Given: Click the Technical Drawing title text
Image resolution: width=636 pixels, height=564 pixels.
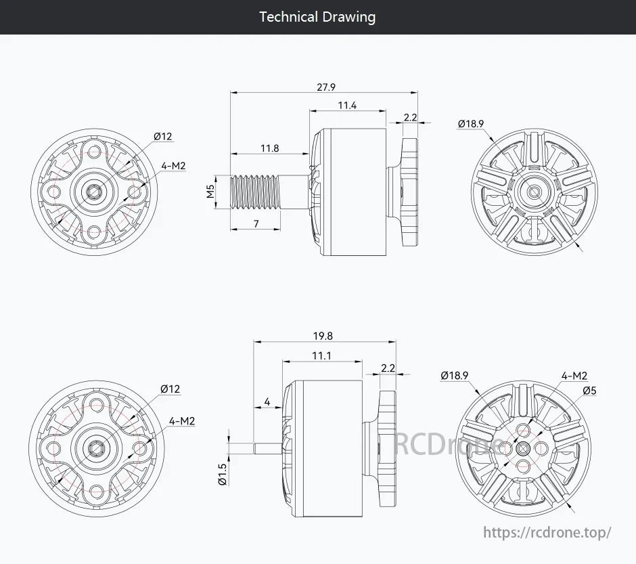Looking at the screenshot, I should (x=317, y=17).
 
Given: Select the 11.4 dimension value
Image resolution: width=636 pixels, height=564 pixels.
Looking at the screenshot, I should (x=347, y=105).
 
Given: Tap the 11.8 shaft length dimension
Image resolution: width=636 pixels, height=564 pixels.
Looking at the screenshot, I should (x=269, y=148).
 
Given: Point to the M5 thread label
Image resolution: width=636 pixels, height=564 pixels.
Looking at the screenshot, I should (x=210, y=192).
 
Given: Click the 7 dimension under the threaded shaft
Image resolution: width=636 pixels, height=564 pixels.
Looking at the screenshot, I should (x=256, y=223).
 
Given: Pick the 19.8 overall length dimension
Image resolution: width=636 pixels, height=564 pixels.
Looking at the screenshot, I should (x=323, y=336).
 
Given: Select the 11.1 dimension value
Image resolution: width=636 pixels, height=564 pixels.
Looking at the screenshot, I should (x=321, y=355).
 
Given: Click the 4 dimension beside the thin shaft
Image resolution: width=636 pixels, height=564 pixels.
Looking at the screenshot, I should (x=267, y=402).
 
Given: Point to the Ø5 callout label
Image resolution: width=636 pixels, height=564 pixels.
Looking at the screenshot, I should (x=589, y=390).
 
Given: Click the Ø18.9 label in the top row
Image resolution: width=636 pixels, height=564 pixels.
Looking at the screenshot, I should (x=471, y=123).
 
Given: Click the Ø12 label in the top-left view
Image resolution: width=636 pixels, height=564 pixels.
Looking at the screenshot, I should (x=163, y=136).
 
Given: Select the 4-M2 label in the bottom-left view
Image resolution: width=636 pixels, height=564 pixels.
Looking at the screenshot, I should (x=182, y=421).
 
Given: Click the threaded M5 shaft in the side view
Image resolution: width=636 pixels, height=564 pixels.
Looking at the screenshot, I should (x=257, y=192).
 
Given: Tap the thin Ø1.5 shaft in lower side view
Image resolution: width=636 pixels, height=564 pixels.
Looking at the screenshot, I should (x=266, y=448).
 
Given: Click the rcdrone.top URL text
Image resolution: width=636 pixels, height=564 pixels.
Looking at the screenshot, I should (x=547, y=532).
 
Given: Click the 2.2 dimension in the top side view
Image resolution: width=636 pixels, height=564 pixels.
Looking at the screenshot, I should (x=410, y=117).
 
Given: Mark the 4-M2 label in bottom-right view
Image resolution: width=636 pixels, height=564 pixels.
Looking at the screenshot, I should (x=574, y=376).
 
